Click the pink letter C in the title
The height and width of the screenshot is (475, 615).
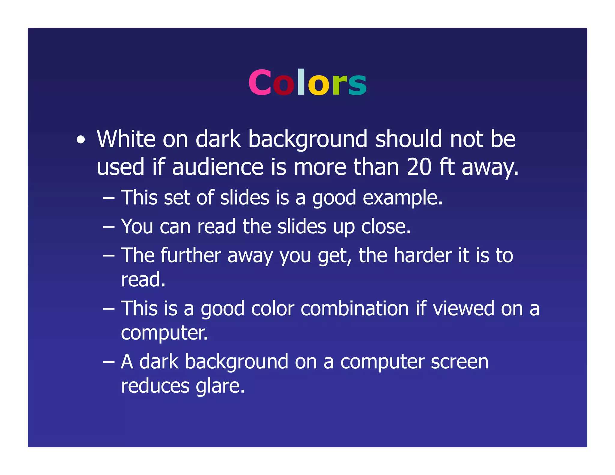pyautogui.click(x=259, y=83)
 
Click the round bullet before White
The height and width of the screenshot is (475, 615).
pyautogui.click(x=80, y=140)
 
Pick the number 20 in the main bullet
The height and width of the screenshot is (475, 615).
pyautogui.click(x=419, y=167)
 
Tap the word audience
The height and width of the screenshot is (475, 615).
pyautogui.click(x=218, y=167)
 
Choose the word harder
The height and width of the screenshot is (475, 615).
pyautogui.click(x=423, y=256)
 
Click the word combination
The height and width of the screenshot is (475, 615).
pyautogui.click(x=355, y=309)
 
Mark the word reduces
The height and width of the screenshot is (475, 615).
pyautogui.click(x=155, y=386)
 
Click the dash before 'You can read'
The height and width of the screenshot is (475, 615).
pyautogui.click(x=109, y=227)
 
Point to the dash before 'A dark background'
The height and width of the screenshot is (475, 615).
pyautogui.click(x=109, y=362)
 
